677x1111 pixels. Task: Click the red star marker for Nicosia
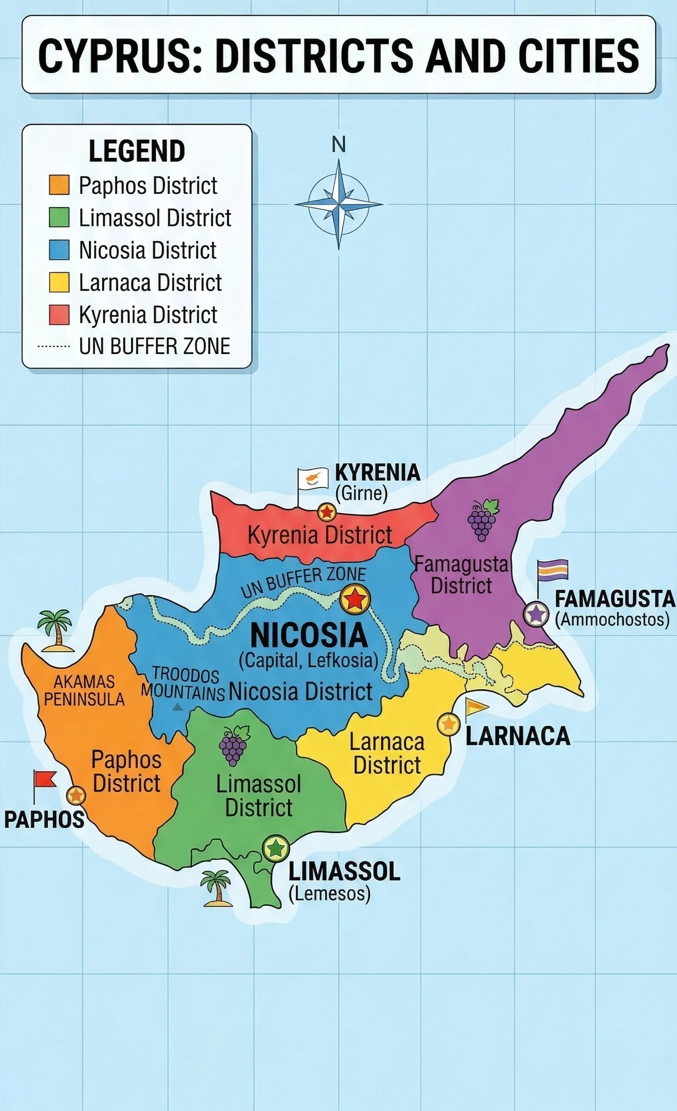355,599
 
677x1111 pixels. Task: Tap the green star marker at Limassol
276,849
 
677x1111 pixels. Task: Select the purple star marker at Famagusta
536,614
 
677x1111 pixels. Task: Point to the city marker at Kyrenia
327,512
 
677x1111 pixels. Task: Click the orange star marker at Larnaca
448,724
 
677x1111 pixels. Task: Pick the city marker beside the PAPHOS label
76,795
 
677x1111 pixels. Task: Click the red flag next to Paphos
45,779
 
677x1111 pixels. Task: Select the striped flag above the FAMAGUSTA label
553,570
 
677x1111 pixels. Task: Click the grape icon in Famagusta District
482,520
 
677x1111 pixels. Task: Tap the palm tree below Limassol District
216,887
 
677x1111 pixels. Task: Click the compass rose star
339,204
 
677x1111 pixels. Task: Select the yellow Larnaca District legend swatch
59,282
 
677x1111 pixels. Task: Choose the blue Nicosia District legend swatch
59,250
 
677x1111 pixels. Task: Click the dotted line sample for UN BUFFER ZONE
54,347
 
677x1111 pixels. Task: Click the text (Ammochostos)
612,620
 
